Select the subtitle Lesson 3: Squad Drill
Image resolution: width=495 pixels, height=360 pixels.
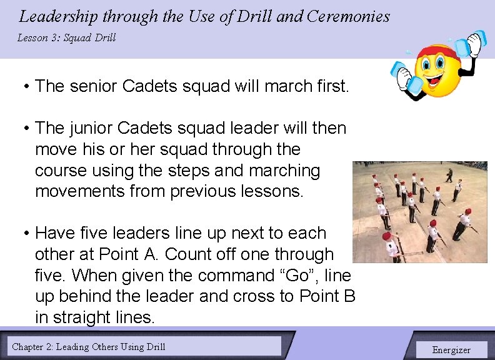click(66, 38)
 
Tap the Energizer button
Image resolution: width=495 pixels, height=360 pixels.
click(451, 349)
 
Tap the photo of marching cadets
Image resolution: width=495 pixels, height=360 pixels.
click(420, 212)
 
